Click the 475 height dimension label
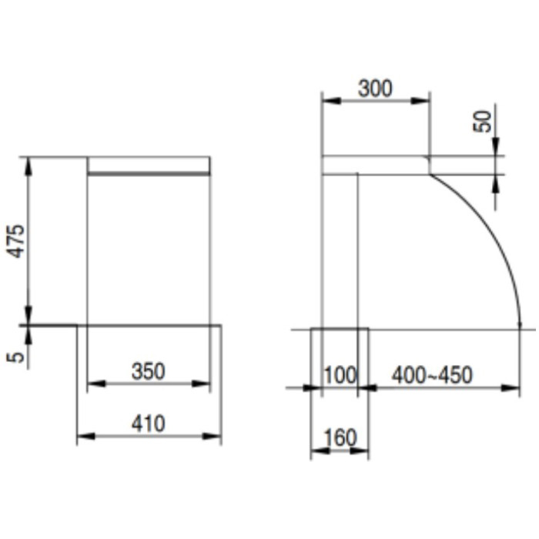tap(16, 241)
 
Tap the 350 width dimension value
tap(148, 371)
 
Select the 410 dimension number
tap(148, 423)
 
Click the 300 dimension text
tap(375, 89)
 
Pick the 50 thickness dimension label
tap(482, 122)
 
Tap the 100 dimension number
tap(340, 375)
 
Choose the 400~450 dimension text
tap(432, 375)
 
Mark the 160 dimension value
tap(340, 437)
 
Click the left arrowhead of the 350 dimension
tap(96, 383)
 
